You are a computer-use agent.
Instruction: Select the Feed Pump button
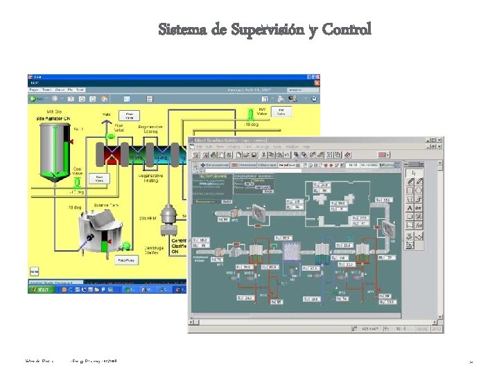click(126, 260)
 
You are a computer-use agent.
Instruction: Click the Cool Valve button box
click(99, 179)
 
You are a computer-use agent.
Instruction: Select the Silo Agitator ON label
click(54, 119)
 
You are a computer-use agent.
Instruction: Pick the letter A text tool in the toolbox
click(410, 206)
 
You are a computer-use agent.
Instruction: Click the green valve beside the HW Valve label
click(250, 114)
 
